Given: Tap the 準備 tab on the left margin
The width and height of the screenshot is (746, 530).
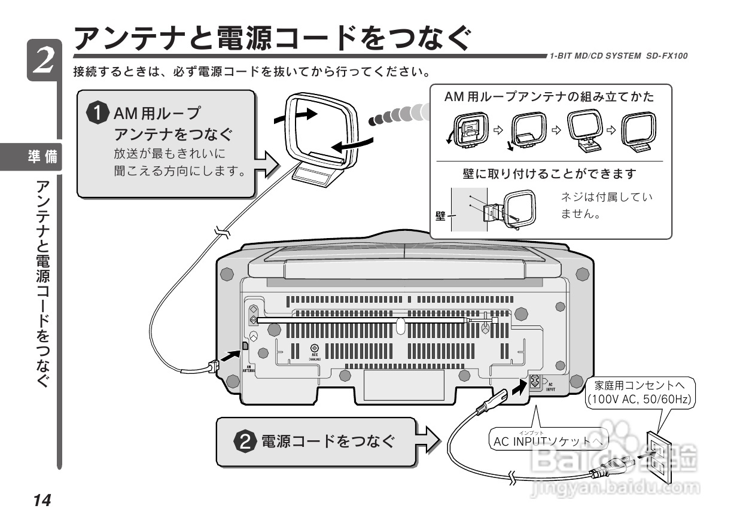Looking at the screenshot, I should [x=43, y=157].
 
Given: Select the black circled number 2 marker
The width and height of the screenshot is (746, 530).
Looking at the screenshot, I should [x=246, y=442].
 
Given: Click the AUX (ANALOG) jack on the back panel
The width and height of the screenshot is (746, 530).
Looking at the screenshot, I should [x=315, y=348].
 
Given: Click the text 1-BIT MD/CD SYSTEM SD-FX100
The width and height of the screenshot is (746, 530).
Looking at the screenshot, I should [x=619, y=56].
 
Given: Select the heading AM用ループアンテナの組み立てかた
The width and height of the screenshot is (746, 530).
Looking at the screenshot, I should [x=550, y=97].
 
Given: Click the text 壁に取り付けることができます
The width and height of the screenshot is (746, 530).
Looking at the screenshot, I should [x=549, y=174].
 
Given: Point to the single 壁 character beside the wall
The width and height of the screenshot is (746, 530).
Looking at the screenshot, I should [x=440, y=215].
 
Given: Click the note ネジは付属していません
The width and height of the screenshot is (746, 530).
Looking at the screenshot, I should [x=605, y=205].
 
